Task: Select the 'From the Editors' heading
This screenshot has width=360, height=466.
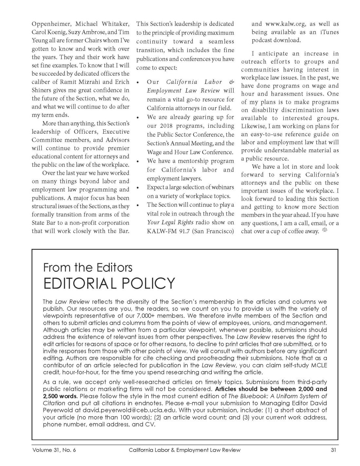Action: (88, 268)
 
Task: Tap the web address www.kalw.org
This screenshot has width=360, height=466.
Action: (285, 24)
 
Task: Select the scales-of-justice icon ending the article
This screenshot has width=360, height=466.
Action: (325, 230)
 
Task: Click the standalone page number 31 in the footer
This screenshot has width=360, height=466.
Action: (333, 450)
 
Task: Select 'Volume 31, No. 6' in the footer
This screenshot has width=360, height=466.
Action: (54, 450)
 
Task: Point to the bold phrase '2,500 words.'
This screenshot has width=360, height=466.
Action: (60, 396)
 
